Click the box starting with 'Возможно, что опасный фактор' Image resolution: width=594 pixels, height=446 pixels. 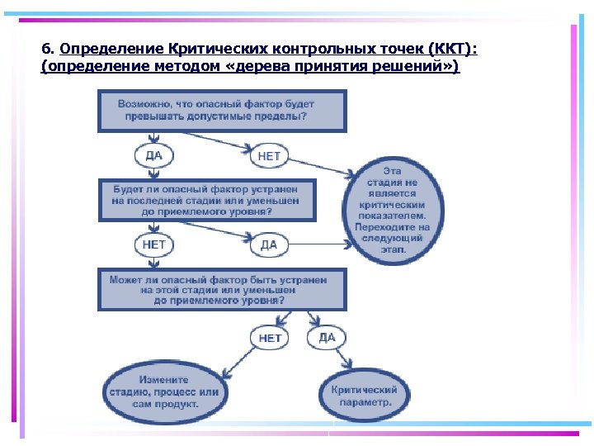(221, 111)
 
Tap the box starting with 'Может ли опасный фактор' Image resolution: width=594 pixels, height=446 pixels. (221, 289)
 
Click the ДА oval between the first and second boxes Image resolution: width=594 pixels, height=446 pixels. (153, 155)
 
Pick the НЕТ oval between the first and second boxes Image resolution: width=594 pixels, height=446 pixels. (269, 155)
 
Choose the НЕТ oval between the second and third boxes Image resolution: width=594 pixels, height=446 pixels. (153, 244)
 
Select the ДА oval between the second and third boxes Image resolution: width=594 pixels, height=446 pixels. (269, 244)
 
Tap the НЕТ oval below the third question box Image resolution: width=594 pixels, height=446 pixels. (270, 337)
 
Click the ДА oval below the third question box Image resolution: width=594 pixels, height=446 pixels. (327, 337)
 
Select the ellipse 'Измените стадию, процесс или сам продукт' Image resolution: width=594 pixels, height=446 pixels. (163, 392)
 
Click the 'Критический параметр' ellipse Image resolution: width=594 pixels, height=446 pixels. (364, 396)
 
